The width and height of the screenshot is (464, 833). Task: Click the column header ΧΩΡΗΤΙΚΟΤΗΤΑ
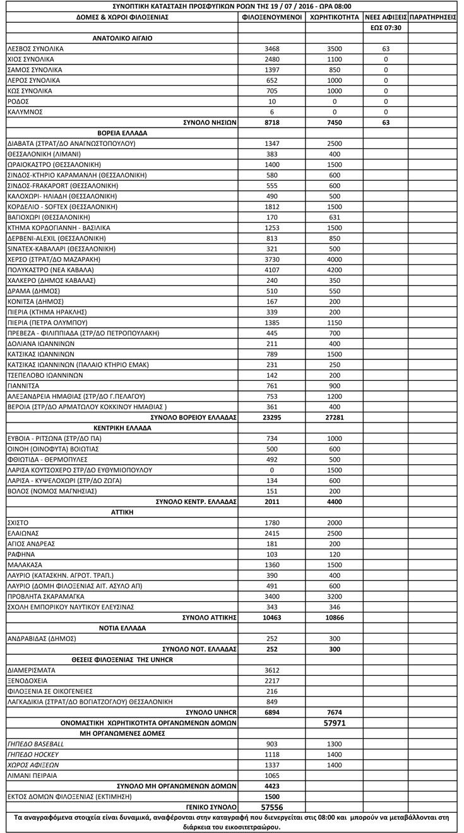click(x=335, y=17)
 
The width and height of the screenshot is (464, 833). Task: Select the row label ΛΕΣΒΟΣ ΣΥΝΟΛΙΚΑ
click(x=35, y=49)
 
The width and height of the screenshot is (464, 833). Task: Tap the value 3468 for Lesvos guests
click(x=272, y=49)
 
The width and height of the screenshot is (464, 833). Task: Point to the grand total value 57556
click(x=272, y=807)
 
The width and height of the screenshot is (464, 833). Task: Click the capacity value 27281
click(x=335, y=417)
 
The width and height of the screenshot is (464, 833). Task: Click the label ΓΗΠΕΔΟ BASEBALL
click(x=35, y=744)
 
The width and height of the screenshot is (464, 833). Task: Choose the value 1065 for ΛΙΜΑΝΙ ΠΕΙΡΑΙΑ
click(x=272, y=776)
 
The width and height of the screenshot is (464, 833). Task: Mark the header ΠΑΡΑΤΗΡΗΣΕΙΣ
click(x=433, y=17)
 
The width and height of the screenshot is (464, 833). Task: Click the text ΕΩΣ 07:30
click(x=386, y=28)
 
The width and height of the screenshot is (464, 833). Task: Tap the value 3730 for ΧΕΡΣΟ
click(x=272, y=259)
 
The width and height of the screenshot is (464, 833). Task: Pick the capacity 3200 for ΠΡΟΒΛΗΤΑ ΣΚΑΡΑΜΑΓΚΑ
click(x=335, y=597)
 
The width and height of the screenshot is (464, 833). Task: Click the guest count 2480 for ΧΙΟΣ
click(x=272, y=59)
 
